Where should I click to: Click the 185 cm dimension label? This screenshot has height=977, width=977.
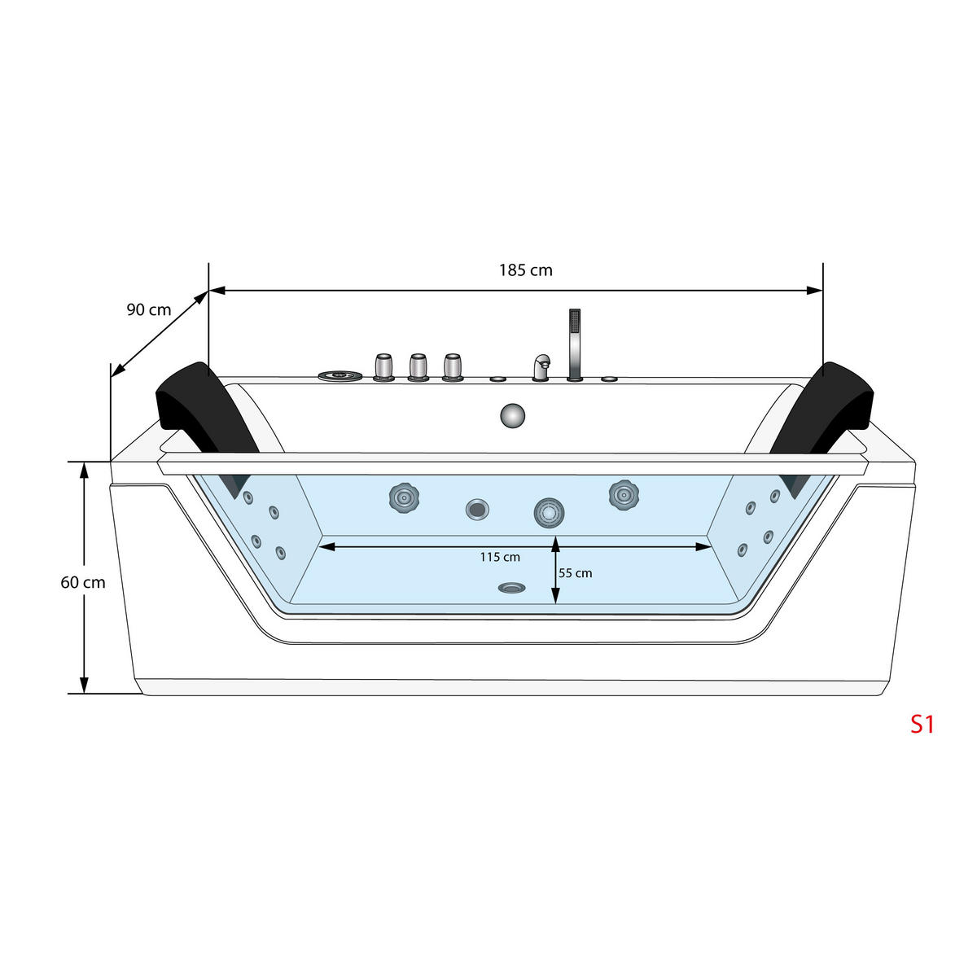tap(525, 270)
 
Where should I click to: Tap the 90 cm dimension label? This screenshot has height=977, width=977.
tap(149, 309)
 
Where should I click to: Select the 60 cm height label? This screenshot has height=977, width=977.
tap(83, 583)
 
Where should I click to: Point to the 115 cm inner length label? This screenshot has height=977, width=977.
tap(500, 557)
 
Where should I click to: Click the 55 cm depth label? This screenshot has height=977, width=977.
tap(576, 573)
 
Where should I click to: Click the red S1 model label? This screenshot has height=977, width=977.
tap(922, 724)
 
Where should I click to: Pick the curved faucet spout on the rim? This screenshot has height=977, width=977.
tap(541, 366)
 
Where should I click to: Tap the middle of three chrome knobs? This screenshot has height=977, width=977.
tap(418, 367)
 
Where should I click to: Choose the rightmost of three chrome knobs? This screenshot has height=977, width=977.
tap(453, 367)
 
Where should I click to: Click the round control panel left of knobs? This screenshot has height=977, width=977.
tap(340, 375)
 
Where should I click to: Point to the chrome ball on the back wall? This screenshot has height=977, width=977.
tap(512, 414)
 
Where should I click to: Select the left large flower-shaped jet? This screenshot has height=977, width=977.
tap(401, 496)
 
